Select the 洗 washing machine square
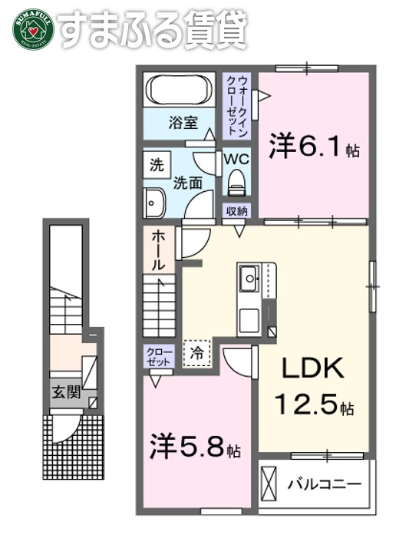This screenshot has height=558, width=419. pos(156,163)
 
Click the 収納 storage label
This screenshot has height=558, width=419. pos(236,210)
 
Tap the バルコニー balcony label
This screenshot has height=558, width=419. pos(324,484)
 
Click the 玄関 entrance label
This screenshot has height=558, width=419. pos(66,391)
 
